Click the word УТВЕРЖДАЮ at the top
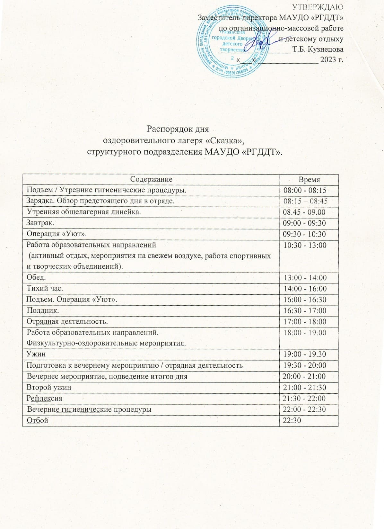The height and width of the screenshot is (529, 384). [318, 7]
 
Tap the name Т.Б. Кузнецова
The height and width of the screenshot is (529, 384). [318, 49]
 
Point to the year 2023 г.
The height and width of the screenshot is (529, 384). [332, 59]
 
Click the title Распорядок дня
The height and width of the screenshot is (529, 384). [178, 129]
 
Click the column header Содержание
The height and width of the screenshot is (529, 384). [151, 179]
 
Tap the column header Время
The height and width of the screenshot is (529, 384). [309, 180]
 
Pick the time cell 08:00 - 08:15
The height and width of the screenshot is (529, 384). [305, 190]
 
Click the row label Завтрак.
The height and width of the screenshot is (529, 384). [40, 223]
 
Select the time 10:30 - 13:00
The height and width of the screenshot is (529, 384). [304, 245]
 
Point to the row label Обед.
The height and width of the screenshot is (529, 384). [36, 277]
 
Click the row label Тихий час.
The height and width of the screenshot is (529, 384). [45, 288]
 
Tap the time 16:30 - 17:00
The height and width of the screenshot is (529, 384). [305, 310]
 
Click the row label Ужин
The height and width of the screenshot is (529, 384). [36, 354]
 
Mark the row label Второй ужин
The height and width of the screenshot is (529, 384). [49, 387]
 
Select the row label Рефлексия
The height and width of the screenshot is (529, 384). [44, 398]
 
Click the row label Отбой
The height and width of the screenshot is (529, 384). [37, 420]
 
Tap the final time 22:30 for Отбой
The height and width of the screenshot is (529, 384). [292, 420]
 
